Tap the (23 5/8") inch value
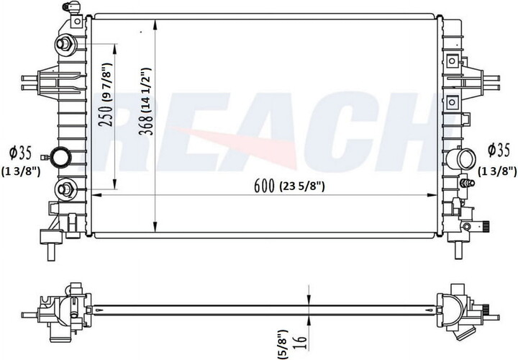click(303, 186)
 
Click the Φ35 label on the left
click(19, 152)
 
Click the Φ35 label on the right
click(498, 150)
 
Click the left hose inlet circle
click(60, 156)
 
